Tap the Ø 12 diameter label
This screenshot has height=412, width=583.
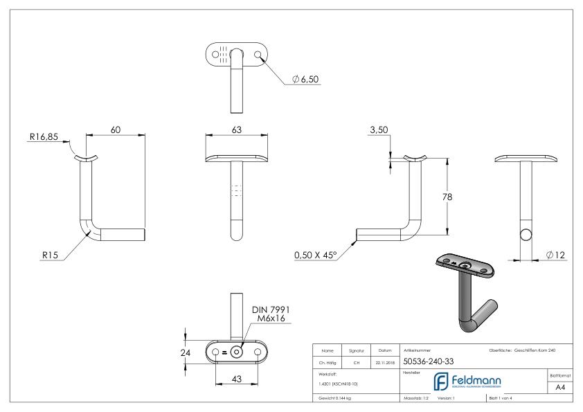(x=555, y=255)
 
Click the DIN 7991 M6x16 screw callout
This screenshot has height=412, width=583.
(x=266, y=313)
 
